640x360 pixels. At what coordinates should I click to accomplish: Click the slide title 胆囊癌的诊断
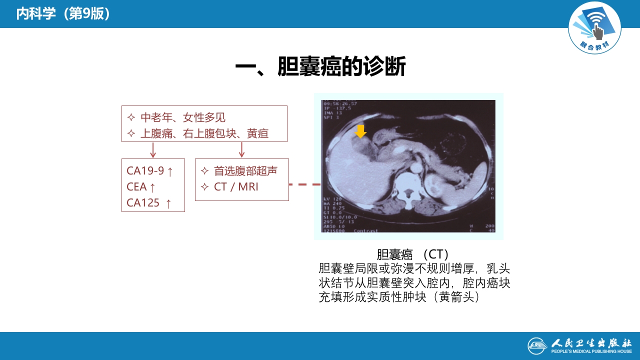[x=320, y=66]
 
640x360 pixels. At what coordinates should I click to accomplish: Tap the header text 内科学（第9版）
[x=63, y=13]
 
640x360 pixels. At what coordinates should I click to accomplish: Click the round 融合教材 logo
[x=594, y=27]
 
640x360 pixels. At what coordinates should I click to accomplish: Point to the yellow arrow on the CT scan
[x=360, y=131]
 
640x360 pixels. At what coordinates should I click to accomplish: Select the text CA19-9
[x=145, y=170]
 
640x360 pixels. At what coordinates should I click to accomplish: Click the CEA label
[x=136, y=186]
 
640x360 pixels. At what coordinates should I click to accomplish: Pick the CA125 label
[x=143, y=202]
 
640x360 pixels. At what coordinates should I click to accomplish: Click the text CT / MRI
[x=236, y=187]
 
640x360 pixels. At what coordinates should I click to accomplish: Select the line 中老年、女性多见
[x=182, y=117]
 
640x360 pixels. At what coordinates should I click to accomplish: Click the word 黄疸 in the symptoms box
[x=258, y=133]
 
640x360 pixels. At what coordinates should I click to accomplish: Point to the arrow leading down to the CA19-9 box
[x=153, y=149]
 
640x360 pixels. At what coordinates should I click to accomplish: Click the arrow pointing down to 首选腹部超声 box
[x=242, y=149]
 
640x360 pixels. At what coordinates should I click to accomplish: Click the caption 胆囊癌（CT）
[x=412, y=254]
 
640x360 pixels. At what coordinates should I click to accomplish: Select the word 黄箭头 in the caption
[x=454, y=297]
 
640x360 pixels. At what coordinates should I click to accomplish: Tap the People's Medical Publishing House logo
[x=579, y=345]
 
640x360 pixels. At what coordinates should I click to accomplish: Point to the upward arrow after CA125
[x=168, y=203]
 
